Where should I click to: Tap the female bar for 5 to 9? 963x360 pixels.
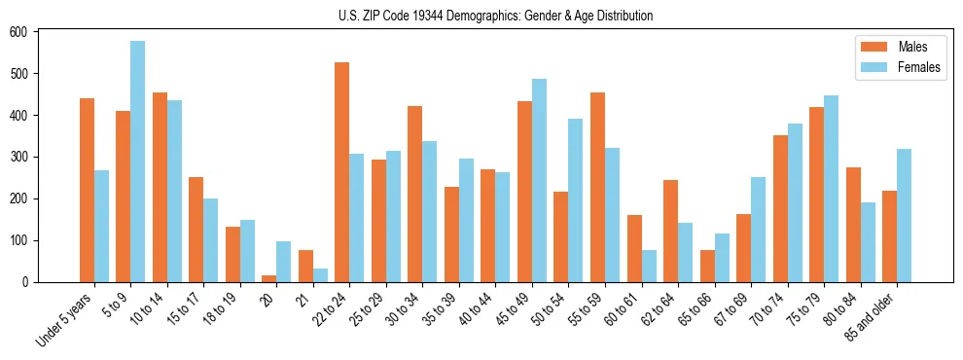coord(138,162)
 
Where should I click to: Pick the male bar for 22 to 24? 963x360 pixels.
coord(342,172)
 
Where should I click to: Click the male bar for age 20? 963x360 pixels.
coord(269,278)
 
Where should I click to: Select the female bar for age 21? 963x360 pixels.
coord(320,275)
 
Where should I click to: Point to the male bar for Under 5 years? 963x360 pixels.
coord(87,190)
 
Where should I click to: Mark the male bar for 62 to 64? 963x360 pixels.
coord(670,231)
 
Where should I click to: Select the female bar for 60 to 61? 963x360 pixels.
coord(649,266)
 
